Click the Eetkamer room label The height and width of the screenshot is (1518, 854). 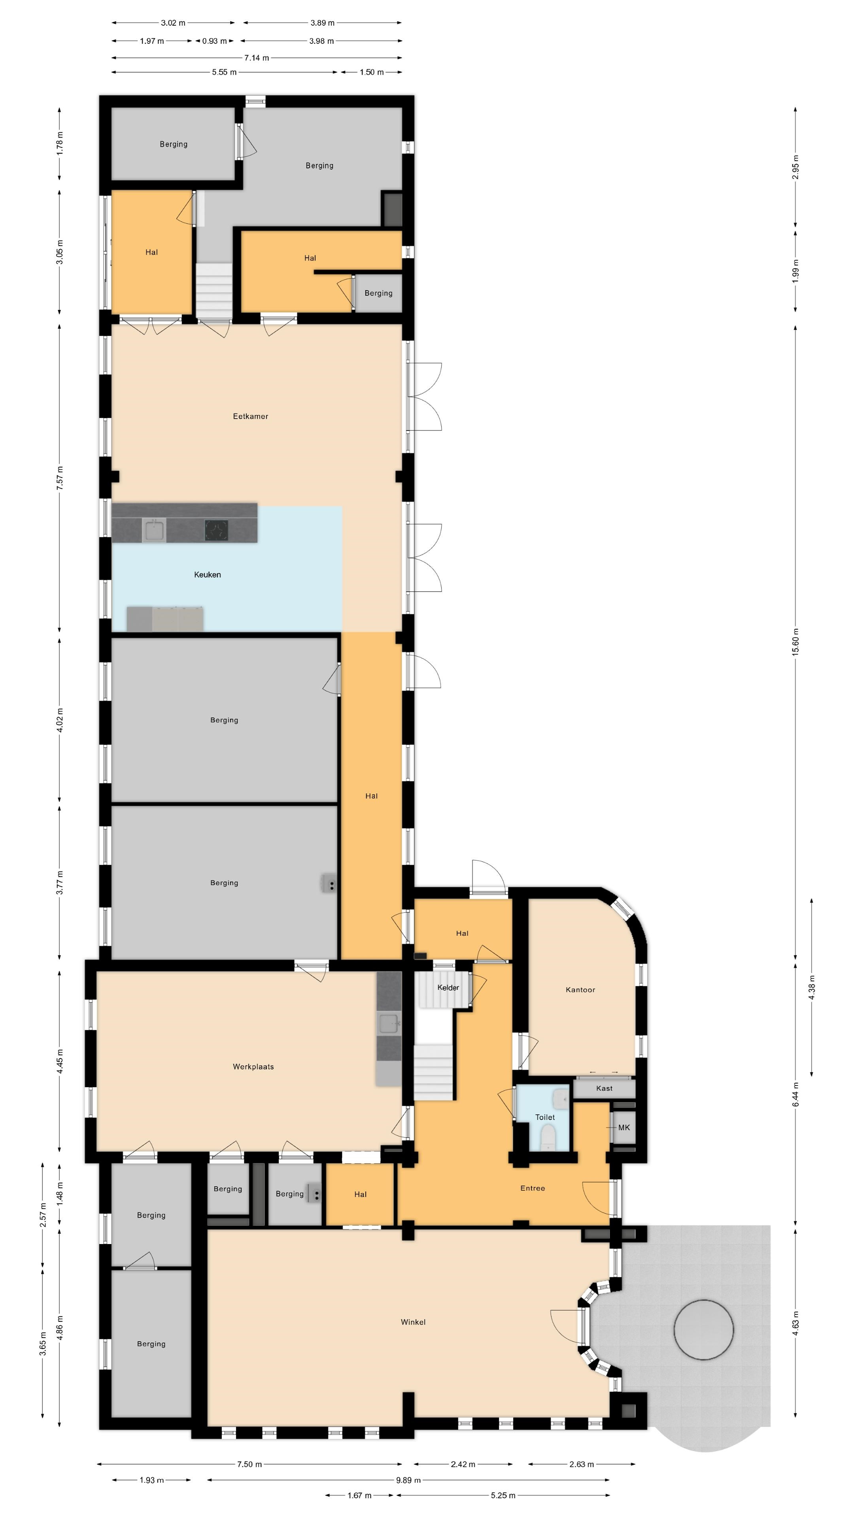click(x=251, y=416)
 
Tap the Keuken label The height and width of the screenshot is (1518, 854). click(x=208, y=574)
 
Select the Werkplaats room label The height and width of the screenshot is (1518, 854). click(x=253, y=1067)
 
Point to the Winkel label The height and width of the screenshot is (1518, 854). click(x=413, y=1322)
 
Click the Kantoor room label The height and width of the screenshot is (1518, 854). click(x=580, y=989)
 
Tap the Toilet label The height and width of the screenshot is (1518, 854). click(x=545, y=1117)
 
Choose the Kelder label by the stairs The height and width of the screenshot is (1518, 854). click(x=448, y=987)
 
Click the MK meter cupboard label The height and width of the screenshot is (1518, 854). click(x=624, y=1127)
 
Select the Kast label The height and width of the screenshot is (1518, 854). click(x=604, y=1088)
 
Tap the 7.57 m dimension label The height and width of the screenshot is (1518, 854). click(x=60, y=478)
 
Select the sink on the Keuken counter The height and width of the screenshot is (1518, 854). click(x=154, y=531)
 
